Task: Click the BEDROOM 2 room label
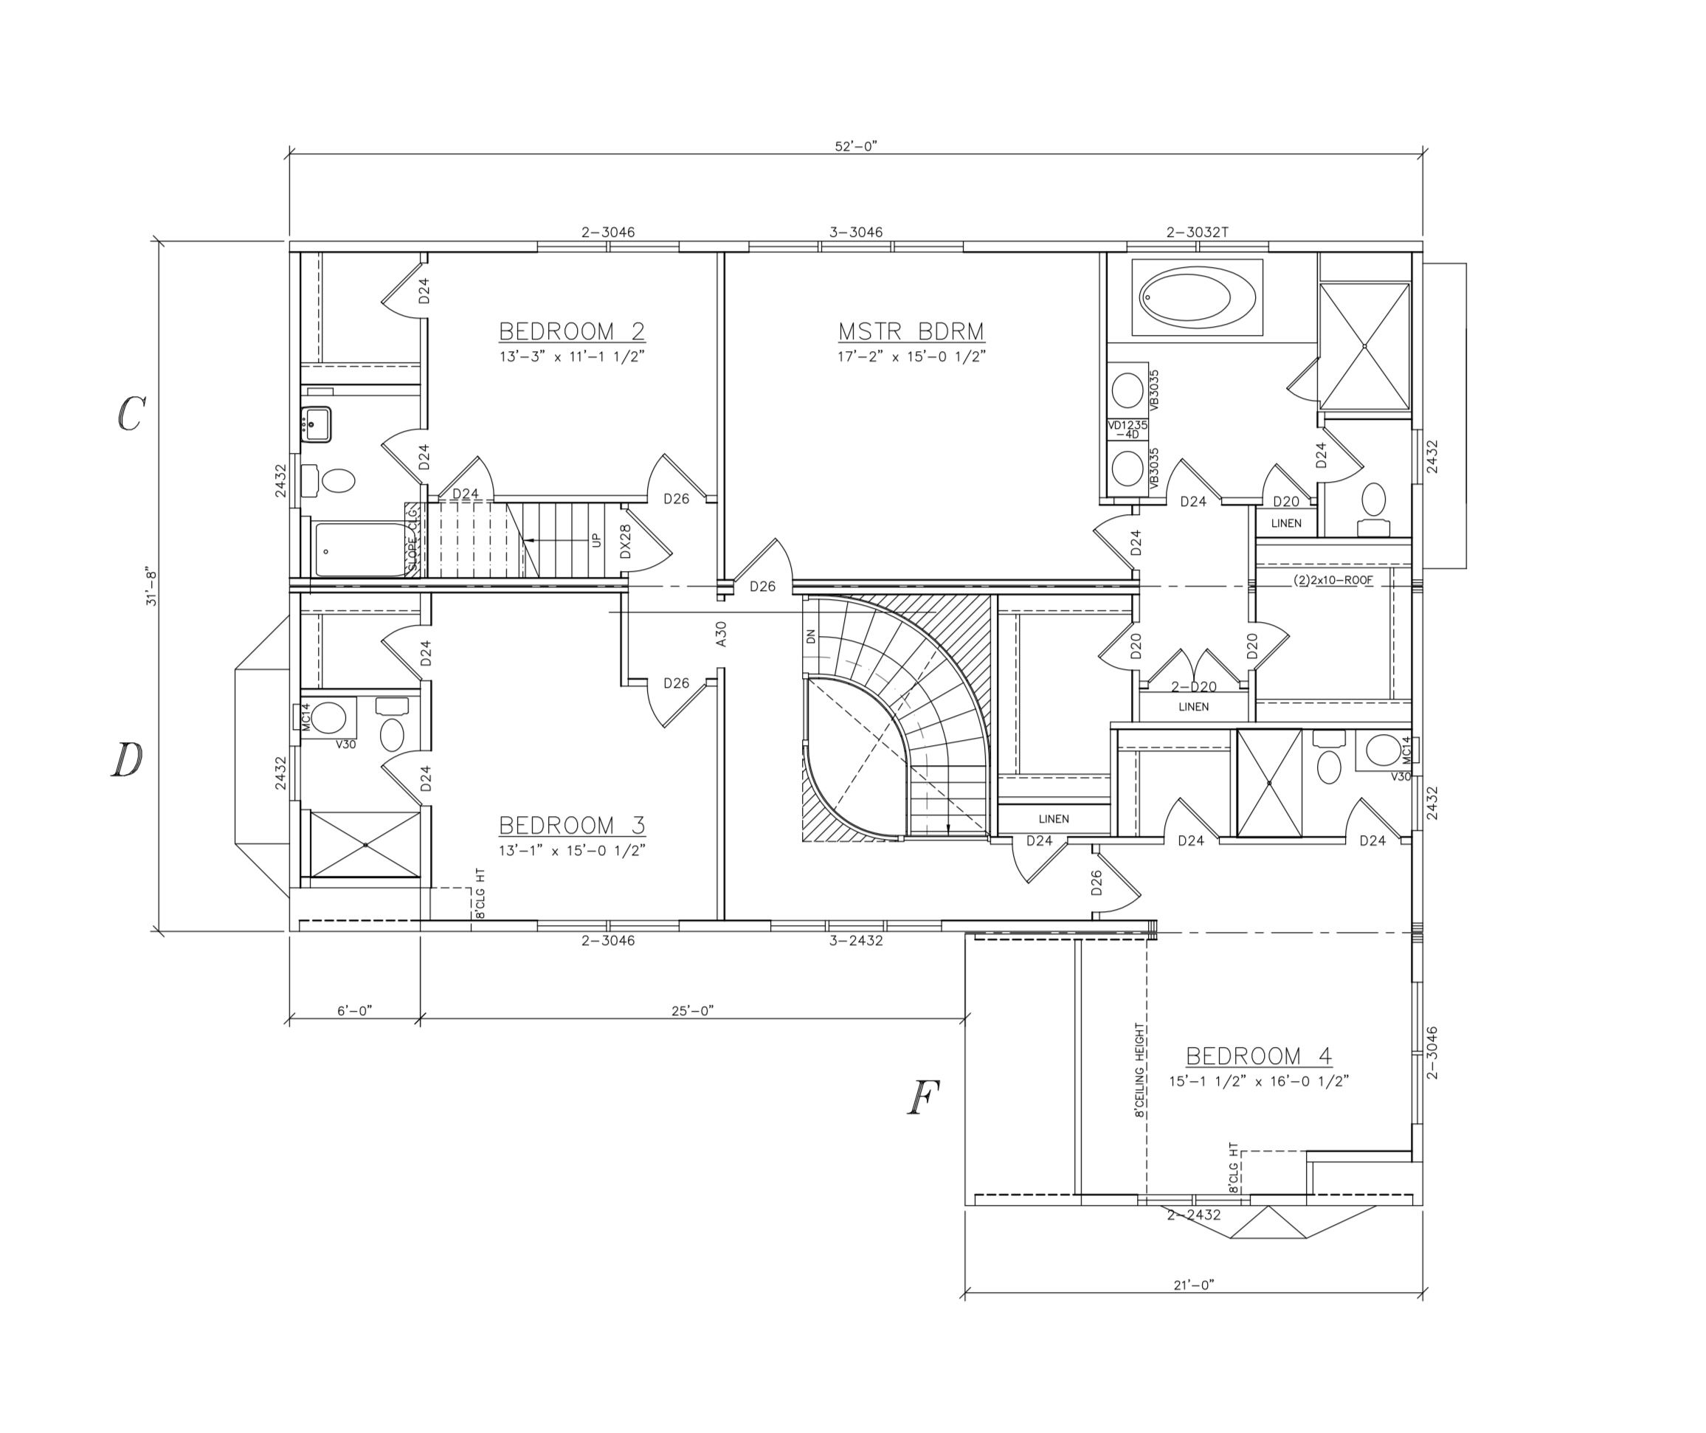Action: (x=571, y=331)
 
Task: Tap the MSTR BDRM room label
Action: (x=911, y=331)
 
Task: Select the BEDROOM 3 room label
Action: (x=571, y=826)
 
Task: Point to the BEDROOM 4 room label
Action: (x=1258, y=1056)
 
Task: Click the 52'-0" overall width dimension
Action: (x=856, y=146)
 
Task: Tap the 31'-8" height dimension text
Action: (x=152, y=587)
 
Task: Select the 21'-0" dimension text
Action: (x=1193, y=1285)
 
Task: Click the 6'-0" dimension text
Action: (x=354, y=1011)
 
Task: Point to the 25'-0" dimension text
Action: (x=692, y=1011)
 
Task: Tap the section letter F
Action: (x=923, y=1098)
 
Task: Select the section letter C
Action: (x=130, y=414)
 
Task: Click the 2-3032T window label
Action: (x=1198, y=232)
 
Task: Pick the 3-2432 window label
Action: (x=855, y=941)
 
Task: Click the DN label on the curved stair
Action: (x=810, y=636)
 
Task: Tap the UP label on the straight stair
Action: (x=596, y=539)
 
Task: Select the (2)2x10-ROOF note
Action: (x=1333, y=581)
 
